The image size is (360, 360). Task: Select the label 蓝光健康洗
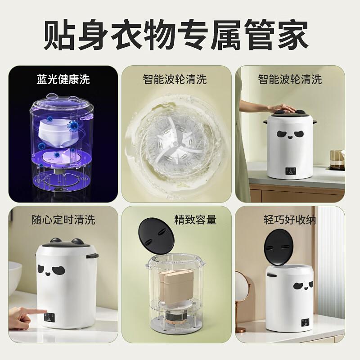tap(63, 80)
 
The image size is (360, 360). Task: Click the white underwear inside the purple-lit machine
tap(58, 130)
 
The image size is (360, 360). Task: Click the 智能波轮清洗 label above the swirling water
tap(175, 80)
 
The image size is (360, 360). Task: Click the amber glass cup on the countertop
tap(337, 158)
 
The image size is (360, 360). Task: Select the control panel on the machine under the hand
tap(291, 171)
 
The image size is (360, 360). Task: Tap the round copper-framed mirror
tap(242, 288)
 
